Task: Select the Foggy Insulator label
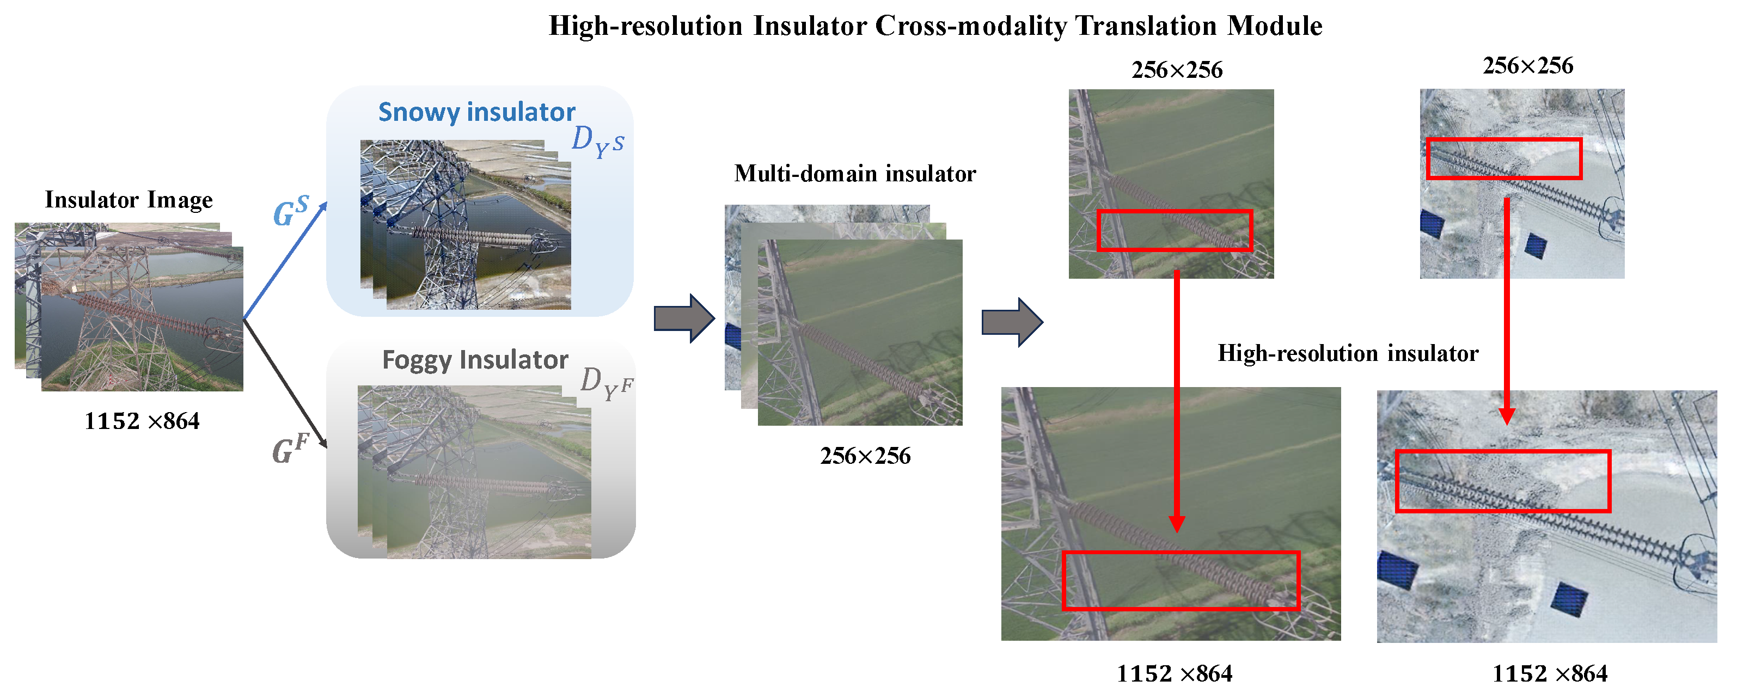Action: tap(475, 360)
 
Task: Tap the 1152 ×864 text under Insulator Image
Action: tap(142, 421)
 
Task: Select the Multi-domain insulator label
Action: tap(854, 174)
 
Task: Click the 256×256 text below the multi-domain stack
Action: tap(865, 456)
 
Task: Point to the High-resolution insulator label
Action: tap(1347, 353)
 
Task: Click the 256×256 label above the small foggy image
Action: tap(1177, 70)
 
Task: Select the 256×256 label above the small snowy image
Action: tap(1527, 66)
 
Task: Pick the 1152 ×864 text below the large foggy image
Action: tap(1174, 673)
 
